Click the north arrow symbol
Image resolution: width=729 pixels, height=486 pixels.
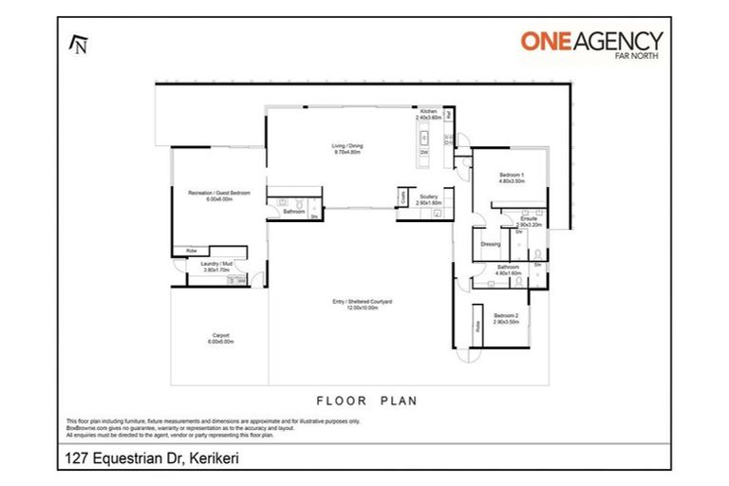(x=79, y=43)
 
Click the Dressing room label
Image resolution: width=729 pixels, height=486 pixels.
(x=491, y=244)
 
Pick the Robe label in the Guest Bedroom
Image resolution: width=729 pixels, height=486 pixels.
(x=191, y=252)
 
